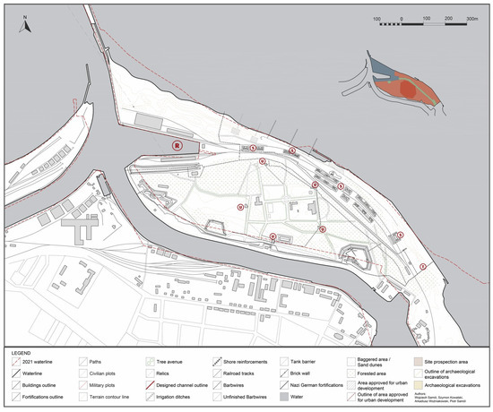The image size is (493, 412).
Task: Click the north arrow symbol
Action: pyautogui.click(x=28, y=25)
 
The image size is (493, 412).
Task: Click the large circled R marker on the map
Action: pyautogui.click(x=177, y=143)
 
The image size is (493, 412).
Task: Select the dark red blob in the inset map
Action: pyautogui.click(x=408, y=90)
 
